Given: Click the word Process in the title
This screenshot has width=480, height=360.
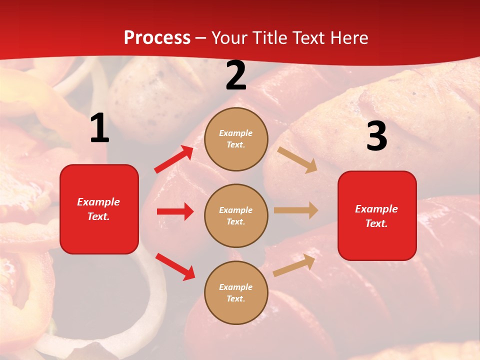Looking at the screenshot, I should (157, 38).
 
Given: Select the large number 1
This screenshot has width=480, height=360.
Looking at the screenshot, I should (99, 128).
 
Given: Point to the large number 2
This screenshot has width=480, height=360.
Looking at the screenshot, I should (236, 75).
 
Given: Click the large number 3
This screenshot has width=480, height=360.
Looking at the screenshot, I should (376, 136).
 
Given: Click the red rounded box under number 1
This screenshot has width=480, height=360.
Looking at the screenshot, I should (99, 209).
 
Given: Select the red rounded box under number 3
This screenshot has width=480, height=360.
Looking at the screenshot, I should (377, 215).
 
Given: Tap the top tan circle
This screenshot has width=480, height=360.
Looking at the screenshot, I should (236, 139).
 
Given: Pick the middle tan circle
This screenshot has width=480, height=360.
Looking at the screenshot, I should (236, 215).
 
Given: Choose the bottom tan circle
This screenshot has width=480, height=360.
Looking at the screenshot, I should (236, 292).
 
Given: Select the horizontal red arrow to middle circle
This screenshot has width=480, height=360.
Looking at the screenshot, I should (175, 211).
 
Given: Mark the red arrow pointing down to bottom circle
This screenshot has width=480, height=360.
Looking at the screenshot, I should (175, 266).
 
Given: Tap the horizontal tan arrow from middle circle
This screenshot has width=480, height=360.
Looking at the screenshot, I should (296, 210).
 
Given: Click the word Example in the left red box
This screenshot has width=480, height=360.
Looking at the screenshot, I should (98, 202).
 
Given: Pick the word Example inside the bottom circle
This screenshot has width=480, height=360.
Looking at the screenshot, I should (235, 287).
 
